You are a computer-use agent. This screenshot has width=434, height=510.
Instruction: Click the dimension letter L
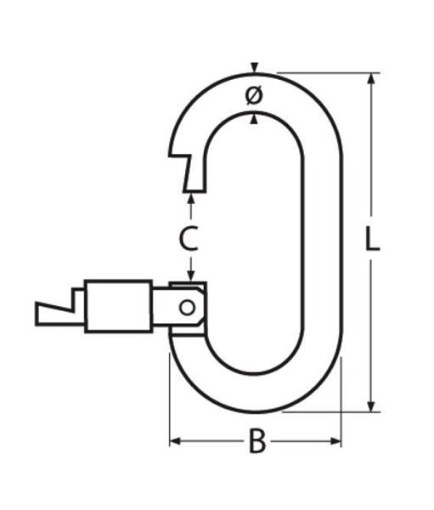point(372,239)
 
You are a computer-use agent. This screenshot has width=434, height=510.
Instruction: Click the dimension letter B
point(257,441)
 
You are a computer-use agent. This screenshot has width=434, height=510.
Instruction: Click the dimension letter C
point(189,239)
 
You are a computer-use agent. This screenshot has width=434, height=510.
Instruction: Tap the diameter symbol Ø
point(254,95)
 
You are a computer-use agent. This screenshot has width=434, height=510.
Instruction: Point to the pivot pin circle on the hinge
point(187,307)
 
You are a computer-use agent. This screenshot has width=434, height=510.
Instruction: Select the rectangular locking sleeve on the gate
point(118,306)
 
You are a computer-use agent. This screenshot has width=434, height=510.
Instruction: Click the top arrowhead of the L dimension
point(371,78)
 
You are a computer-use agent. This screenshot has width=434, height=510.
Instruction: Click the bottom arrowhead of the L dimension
point(371,406)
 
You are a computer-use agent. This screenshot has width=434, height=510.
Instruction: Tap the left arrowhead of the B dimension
point(175,441)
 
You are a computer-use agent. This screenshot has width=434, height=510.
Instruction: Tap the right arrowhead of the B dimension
point(335,441)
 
